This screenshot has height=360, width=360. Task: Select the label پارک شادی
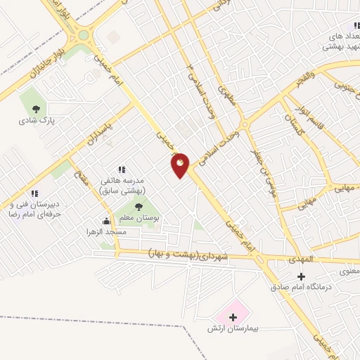tap(37, 120)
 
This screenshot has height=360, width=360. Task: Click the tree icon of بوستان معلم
tap(138, 206)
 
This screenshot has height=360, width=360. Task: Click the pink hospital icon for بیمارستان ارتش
tap(233, 317)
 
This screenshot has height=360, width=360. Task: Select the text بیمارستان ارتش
tap(233, 329)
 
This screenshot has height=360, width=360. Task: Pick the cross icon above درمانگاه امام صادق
tap(301, 276)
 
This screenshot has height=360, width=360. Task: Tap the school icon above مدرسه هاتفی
tap(122, 169)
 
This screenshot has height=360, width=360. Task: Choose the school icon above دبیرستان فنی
tap(33, 193)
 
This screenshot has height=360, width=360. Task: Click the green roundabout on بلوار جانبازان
tap(84, 34)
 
